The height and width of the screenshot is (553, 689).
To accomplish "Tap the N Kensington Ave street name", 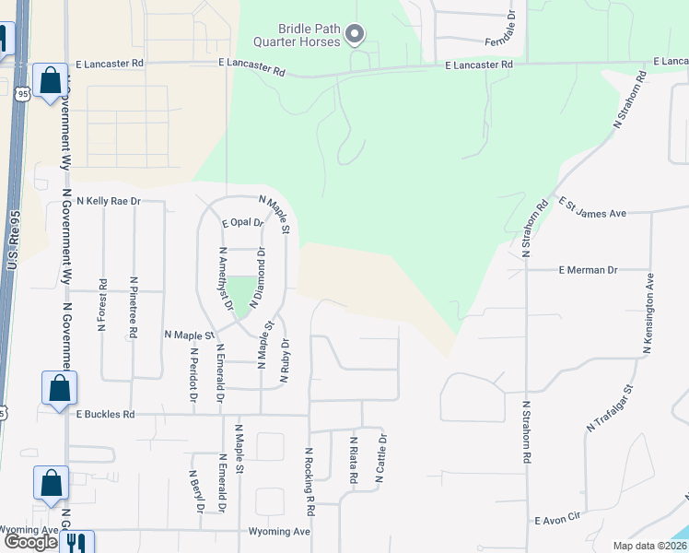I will coord(648,313).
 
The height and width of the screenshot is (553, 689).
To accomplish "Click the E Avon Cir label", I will coord(560,520).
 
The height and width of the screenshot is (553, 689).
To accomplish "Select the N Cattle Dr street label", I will coord(378,460).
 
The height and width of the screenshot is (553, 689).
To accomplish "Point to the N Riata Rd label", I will coord(353,461).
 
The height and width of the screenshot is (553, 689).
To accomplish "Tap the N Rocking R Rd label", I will coord(310,481).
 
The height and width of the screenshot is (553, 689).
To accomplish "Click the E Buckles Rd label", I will coord(105,415).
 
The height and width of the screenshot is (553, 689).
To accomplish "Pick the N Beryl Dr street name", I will coord(197,504).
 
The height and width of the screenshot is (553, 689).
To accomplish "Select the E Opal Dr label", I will coord(243,222).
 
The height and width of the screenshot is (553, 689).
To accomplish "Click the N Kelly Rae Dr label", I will coord(109,200).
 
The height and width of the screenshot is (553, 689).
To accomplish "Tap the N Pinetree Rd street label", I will coord(134,306).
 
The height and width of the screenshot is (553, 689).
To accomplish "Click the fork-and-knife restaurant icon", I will coord(76,542).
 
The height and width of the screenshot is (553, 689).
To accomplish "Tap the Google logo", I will coord(30,542).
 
